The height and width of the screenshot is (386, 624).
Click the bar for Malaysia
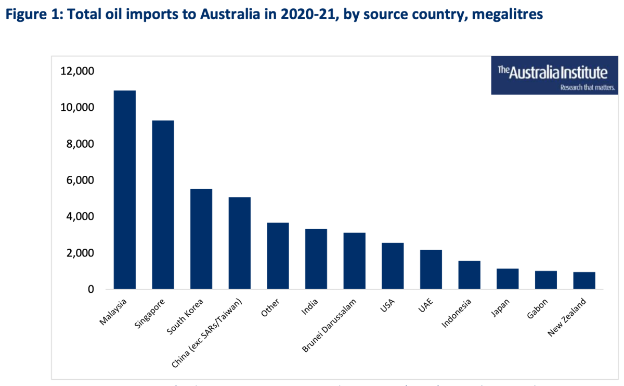point(125,190)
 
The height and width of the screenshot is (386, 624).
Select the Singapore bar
point(163,204)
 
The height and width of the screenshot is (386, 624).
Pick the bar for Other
point(278,255)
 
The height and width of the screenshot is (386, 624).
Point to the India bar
point(316,259)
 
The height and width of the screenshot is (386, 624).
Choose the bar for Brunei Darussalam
point(354,261)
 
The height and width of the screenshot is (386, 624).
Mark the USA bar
point(393,266)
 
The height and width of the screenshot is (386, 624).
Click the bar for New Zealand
point(584,280)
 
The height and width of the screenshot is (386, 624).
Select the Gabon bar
point(546,280)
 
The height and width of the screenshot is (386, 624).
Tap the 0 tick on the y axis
point(90,289)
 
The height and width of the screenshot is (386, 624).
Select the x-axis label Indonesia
point(457,313)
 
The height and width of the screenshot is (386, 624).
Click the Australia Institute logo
point(555,76)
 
